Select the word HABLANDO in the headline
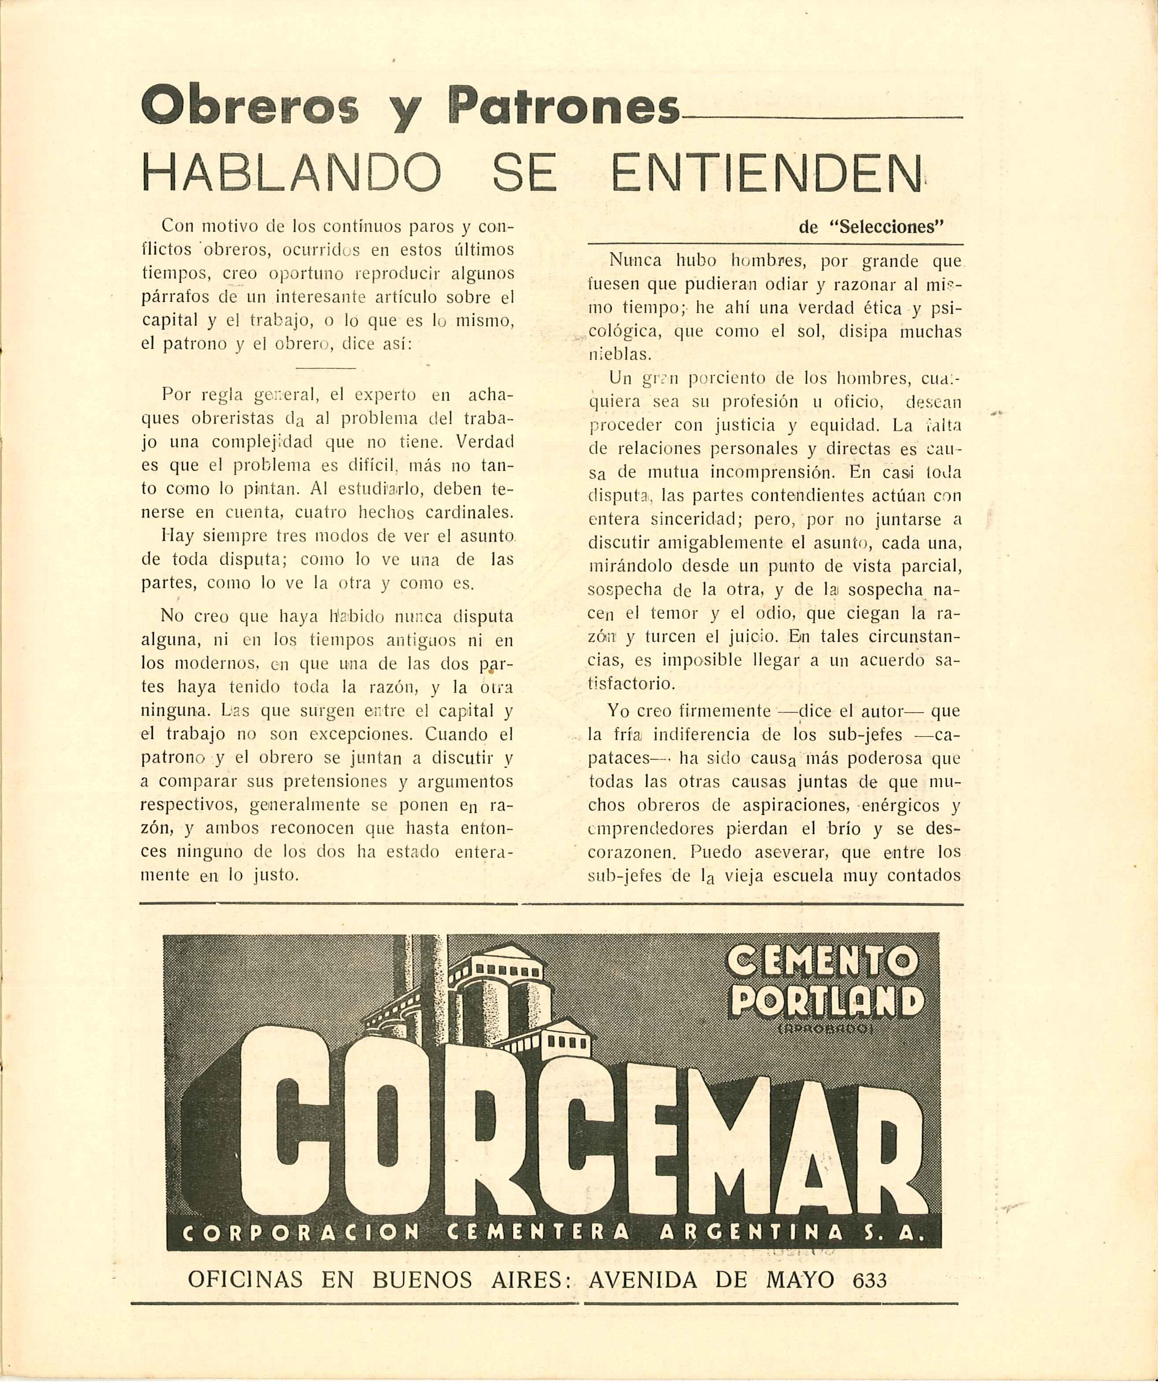[291, 173]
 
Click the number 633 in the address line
[870, 1280]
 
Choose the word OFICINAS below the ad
[245, 1280]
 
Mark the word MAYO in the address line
[800, 1280]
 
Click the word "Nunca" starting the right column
[636, 261]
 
